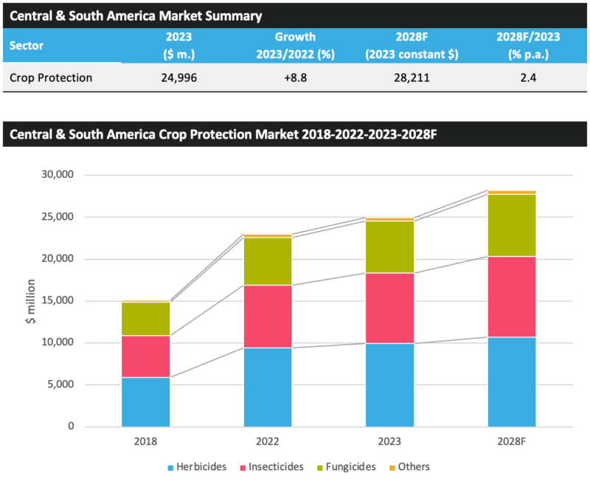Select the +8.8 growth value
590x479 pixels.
pos(295,77)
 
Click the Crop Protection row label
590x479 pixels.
pos(51,77)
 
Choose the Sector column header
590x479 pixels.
pos(27,45)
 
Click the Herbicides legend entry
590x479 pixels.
pos(201,466)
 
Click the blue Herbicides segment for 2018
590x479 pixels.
pos(146,402)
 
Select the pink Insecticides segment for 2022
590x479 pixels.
pos(268,316)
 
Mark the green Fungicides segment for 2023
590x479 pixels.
pos(390,247)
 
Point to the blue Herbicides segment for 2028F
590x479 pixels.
pos(512,382)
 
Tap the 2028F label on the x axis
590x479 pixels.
pos(512,441)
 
